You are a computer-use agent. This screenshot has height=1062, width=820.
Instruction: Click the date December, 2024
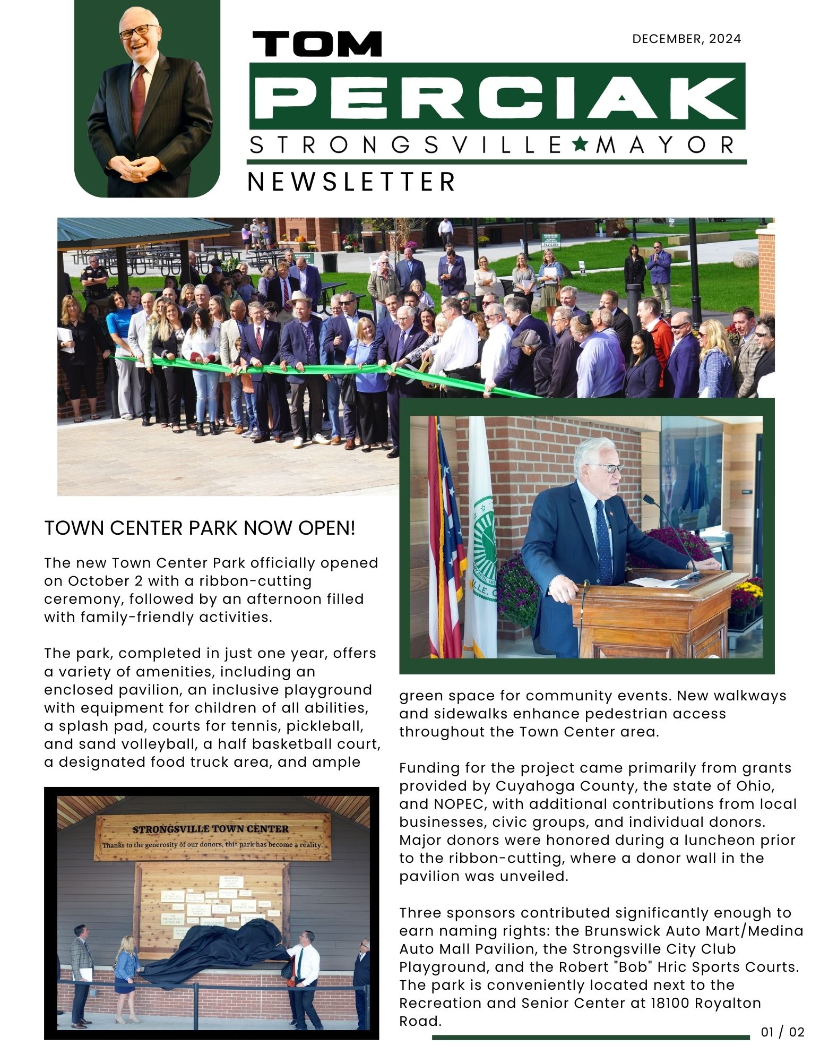click(686, 39)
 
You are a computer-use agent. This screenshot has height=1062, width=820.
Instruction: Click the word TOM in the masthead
click(317, 44)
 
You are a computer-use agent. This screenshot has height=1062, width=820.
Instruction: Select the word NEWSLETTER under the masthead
click(351, 182)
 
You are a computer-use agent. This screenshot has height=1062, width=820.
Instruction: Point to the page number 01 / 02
click(782, 1032)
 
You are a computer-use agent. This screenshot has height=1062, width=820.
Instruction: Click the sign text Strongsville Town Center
click(210, 829)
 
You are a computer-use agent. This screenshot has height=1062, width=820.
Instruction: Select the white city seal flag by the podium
click(482, 536)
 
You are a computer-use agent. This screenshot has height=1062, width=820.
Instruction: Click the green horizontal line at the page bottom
click(590, 1037)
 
